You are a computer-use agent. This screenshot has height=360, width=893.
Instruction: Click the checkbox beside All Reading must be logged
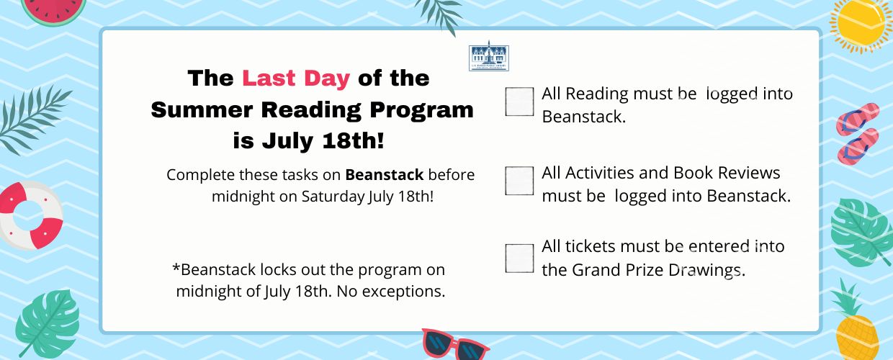pos(519,102)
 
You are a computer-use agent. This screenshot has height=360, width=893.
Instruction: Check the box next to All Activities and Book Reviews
pos(519,181)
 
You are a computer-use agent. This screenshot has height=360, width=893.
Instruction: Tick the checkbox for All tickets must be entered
pos(519,258)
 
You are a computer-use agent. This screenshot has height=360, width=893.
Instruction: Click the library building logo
pos(489,56)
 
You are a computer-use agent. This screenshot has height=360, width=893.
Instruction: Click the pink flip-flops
pos(858,133)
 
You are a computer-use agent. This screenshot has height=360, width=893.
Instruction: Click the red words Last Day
pos(296,78)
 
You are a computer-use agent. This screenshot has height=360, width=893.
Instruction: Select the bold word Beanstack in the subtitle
pos(385,175)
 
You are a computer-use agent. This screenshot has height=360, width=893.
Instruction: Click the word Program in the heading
pos(421,110)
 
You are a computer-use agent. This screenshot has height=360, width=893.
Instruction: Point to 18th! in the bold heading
pos(353,140)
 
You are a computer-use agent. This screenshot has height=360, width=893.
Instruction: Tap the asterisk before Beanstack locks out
pos(176,266)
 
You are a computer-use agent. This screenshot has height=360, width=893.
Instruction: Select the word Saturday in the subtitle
pos(333,197)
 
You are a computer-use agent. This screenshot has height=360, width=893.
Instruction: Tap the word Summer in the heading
pos(202,109)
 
